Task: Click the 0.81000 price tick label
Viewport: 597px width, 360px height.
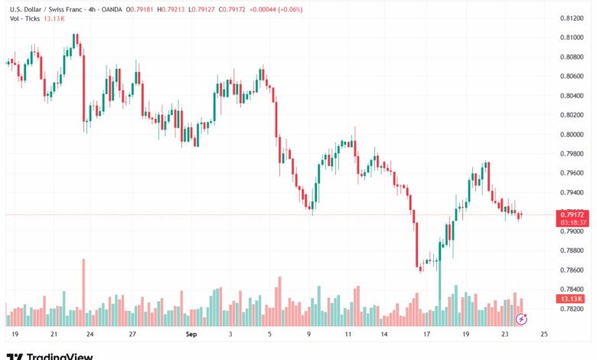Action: point(570,37)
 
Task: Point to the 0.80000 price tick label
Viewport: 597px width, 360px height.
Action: point(570,134)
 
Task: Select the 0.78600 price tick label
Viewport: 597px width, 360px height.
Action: point(570,270)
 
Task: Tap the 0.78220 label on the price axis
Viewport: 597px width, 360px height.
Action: point(570,309)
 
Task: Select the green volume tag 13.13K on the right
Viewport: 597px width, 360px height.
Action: point(570,299)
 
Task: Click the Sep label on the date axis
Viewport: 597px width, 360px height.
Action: point(191,335)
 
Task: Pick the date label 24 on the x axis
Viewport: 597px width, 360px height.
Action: point(90,335)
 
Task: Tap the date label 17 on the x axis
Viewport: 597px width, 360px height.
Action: point(426,335)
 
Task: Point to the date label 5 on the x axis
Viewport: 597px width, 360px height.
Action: point(269,335)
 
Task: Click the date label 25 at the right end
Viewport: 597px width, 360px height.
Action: point(543,335)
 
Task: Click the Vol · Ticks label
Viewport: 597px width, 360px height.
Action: point(25,19)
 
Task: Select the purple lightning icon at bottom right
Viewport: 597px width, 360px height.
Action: point(521,318)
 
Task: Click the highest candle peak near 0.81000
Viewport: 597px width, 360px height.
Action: point(76,35)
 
